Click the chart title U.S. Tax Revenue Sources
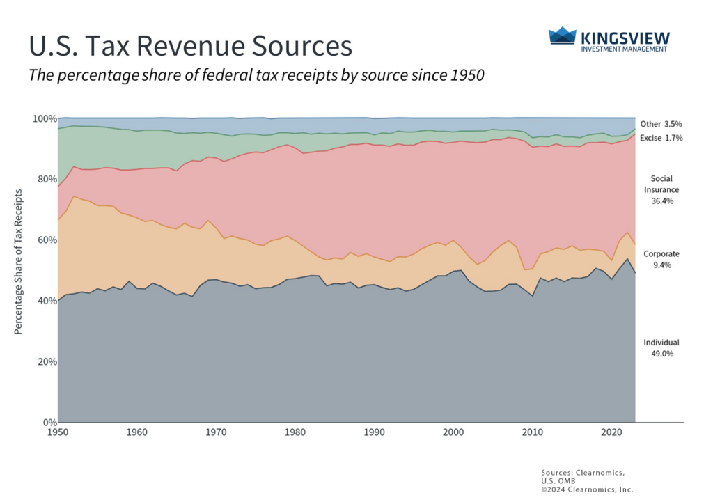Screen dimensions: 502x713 (189, 46)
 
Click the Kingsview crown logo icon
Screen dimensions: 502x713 (563, 36)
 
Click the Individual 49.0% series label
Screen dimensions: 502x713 (661, 348)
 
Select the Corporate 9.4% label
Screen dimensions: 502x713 (661, 259)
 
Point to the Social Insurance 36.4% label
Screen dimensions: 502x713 (661, 189)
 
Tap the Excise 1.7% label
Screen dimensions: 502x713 (661, 138)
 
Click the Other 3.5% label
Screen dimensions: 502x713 (661, 123)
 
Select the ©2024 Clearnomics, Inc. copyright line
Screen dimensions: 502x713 (586, 489)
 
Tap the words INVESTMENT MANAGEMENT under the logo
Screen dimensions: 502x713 (624, 49)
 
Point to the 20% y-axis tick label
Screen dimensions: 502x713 (42, 361)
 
